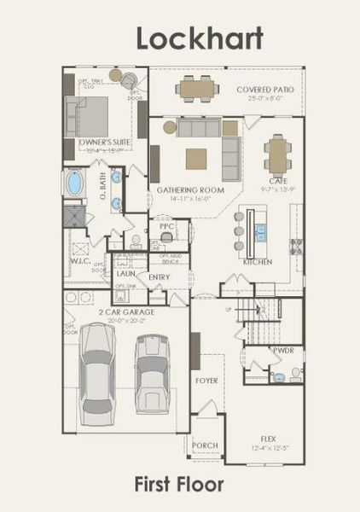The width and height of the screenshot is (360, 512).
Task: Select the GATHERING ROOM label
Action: (x=183, y=189)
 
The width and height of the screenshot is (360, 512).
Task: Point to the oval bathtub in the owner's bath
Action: (x=74, y=183)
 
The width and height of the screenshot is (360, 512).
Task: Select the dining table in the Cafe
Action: (x=277, y=154)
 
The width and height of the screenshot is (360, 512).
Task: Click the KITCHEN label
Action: (x=258, y=263)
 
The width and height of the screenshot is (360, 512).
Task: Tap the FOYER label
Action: (x=206, y=380)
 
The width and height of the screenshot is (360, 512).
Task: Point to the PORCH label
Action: (x=205, y=445)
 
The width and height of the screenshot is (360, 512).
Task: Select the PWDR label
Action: (x=283, y=351)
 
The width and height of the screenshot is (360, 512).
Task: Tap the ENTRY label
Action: (x=159, y=276)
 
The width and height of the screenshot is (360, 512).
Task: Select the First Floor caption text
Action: (x=179, y=485)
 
